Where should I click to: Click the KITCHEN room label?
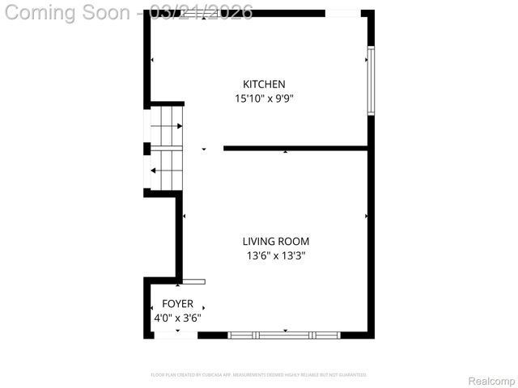[x=264, y=84]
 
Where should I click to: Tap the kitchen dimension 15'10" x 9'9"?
[x=264, y=99]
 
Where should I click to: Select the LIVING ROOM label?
[x=276, y=241]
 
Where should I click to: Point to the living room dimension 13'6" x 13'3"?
[x=276, y=255]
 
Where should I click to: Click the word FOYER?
[x=177, y=304]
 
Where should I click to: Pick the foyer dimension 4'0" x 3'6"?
[x=177, y=318]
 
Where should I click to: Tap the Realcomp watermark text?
[x=492, y=381]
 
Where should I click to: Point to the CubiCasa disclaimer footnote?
[x=259, y=375]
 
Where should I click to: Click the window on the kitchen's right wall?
[x=371, y=81]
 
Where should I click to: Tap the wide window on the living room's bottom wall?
[x=284, y=334]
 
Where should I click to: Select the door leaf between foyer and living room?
[x=194, y=281]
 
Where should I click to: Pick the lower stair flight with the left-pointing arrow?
[x=166, y=171]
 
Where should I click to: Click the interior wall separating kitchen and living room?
[x=295, y=148]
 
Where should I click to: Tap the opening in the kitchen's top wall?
[x=343, y=13]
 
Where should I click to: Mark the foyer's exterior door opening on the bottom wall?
[x=176, y=335]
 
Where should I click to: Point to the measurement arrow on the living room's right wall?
[x=367, y=217]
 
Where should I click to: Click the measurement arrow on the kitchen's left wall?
[x=152, y=61]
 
